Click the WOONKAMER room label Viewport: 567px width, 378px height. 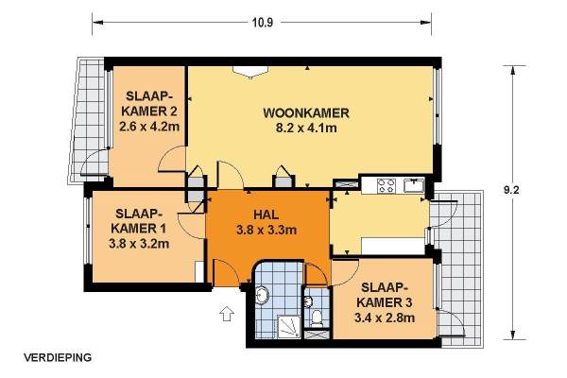(306, 112)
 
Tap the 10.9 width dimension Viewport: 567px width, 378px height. (263, 23)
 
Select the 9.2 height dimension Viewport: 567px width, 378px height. (511, 190)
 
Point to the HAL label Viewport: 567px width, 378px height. (266, 215)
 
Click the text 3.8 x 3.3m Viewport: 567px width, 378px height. (266, 230)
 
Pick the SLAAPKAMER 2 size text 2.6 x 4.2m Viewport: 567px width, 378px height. (149, 127)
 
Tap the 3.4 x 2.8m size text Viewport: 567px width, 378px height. (385, 318)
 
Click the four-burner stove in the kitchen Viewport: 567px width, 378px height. (386, 185)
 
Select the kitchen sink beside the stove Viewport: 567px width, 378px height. (414, 185)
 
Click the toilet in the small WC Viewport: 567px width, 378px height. (317, 318)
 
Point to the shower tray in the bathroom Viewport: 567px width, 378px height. (289, 327)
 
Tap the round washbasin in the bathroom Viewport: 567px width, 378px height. (262, 296)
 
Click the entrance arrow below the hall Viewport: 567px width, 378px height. (227, 313)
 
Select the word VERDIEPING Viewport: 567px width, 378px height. (58, 357)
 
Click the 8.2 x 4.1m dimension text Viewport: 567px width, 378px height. (306, 128)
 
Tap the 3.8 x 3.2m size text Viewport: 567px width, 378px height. (139, 244)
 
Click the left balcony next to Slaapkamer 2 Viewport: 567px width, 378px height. (88, 119)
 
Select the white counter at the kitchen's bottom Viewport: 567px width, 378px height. (393, 246)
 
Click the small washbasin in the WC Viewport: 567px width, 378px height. (308, 301)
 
